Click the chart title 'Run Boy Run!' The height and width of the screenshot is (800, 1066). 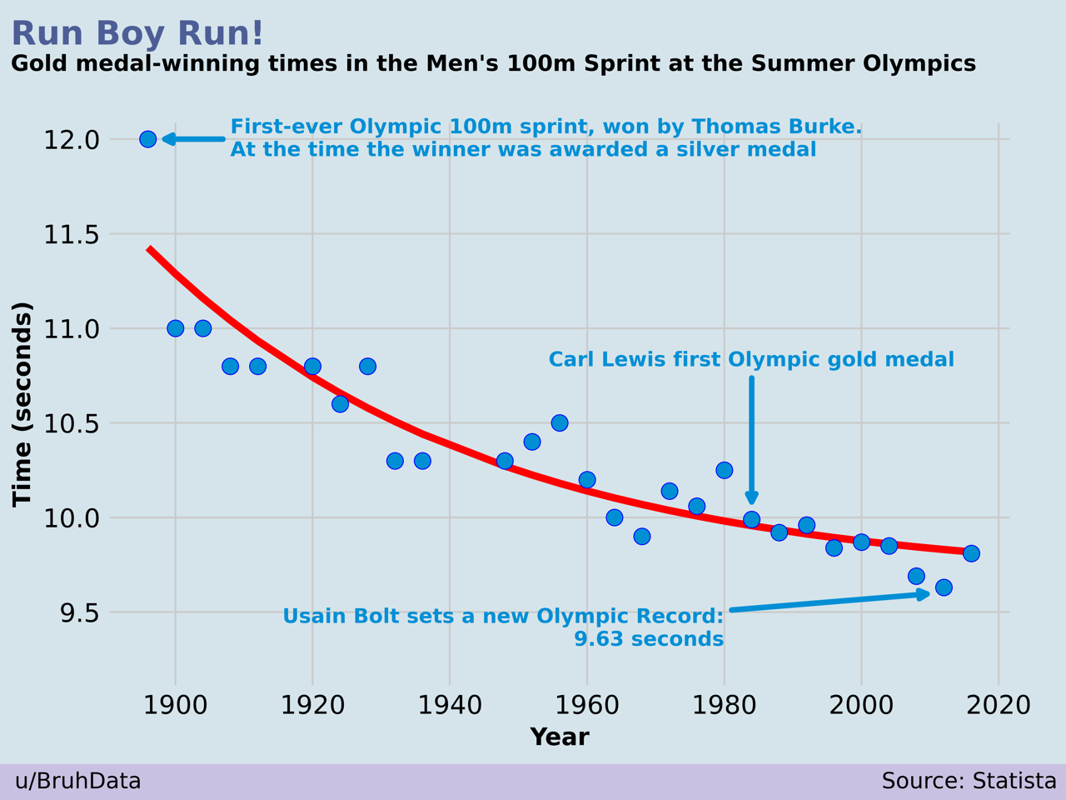(137, 34)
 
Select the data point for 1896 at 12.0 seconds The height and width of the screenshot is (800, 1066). (148, 139)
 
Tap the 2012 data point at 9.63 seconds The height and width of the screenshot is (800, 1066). (944, 587)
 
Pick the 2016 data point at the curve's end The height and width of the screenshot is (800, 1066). (971, 553)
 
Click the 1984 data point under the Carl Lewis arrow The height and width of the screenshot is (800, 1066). (752, 520)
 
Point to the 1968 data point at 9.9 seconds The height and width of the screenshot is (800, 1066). (642, 537)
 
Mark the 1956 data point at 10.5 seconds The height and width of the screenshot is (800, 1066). (560, 423)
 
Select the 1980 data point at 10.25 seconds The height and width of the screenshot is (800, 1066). (725, 471)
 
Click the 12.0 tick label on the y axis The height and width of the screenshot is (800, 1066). (72, 140)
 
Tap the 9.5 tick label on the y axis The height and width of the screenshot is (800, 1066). (80, 613)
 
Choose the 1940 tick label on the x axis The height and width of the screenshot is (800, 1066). (450, 706)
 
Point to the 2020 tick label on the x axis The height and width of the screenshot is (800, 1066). (999, 706)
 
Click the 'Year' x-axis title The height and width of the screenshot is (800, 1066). (560, 737)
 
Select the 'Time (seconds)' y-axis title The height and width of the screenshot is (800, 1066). (22, 404)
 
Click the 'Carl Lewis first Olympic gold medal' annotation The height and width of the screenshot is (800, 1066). (751, 360)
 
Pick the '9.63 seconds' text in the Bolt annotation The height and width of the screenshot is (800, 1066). (649, 640)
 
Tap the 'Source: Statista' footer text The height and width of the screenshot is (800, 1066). (969, 782)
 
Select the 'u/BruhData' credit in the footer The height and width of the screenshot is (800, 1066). (78, 782)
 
